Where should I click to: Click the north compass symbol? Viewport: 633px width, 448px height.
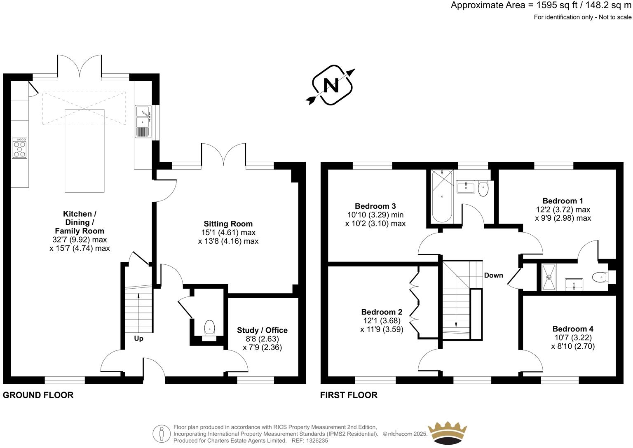[x=332, y=85]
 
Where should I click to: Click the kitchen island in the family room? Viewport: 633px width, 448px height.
[x=85, y=151]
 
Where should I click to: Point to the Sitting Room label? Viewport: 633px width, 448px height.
[x=228, y=224]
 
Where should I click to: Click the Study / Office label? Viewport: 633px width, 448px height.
[x=262, y=330]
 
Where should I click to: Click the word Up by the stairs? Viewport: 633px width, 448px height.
[x=138, y=338]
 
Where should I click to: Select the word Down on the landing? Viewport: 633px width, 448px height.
[x=493, y=275]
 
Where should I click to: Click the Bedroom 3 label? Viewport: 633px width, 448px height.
[x=375, y=206]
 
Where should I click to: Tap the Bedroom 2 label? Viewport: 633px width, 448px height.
[x=382, y=312]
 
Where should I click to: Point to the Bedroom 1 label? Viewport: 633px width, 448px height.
[x=563, y=201]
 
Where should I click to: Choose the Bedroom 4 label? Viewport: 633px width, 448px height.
[x=573, y=329]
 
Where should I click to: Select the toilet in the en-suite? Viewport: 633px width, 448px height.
[x=600, y=278]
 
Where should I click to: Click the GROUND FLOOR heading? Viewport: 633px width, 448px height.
[x=38, y=395]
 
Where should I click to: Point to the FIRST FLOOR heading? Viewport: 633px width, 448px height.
[x=349, y=395]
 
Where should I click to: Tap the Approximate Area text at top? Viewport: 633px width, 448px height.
[x=540, y=5]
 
